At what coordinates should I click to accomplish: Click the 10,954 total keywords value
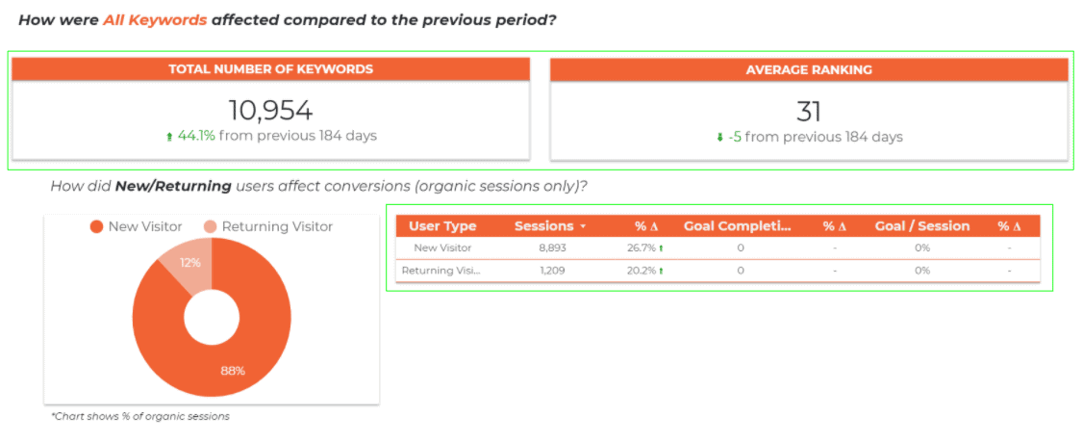271,111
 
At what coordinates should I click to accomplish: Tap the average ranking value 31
809,112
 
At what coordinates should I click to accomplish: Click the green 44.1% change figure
197,136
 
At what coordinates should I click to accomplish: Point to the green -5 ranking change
735,137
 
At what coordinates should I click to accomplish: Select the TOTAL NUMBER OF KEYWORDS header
271,69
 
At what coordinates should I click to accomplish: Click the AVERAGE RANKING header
809,69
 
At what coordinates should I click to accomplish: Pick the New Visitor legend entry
137,226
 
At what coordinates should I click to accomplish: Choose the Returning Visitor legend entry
268,226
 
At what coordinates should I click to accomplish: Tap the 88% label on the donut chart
233,371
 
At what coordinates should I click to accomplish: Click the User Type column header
442,226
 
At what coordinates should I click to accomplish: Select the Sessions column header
544,226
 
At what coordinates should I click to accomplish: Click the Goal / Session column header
922,226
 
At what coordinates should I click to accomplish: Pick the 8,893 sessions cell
552,248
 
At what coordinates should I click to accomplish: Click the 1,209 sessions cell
552,271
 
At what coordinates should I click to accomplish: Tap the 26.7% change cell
642,248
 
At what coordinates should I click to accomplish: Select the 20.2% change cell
642,271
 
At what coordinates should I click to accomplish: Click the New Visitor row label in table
442,248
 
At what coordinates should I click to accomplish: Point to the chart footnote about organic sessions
140,417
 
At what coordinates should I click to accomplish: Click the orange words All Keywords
156,19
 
